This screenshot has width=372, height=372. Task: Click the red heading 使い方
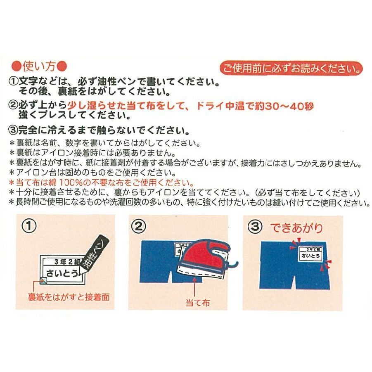[x=39, y=66]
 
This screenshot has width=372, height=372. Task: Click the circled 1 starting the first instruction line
[x=14, y=82]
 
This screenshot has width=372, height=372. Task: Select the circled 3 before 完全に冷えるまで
[x=14, y=130]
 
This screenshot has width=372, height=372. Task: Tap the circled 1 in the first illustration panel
[x=29, y=226]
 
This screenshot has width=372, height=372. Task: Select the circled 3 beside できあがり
[x=255, y=227]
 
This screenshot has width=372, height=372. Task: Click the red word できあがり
[x=296, y=228]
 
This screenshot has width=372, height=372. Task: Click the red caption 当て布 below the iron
[x=198, y=303]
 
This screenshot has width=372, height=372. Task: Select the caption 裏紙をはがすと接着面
[x=69, y=297]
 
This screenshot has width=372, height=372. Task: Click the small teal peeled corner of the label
[x=43, y=280]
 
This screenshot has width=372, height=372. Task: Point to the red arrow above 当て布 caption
[x=194, y=288]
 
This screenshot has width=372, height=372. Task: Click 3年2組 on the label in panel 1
[x=68, y=261]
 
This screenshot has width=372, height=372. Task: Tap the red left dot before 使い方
[x=17, y=66]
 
